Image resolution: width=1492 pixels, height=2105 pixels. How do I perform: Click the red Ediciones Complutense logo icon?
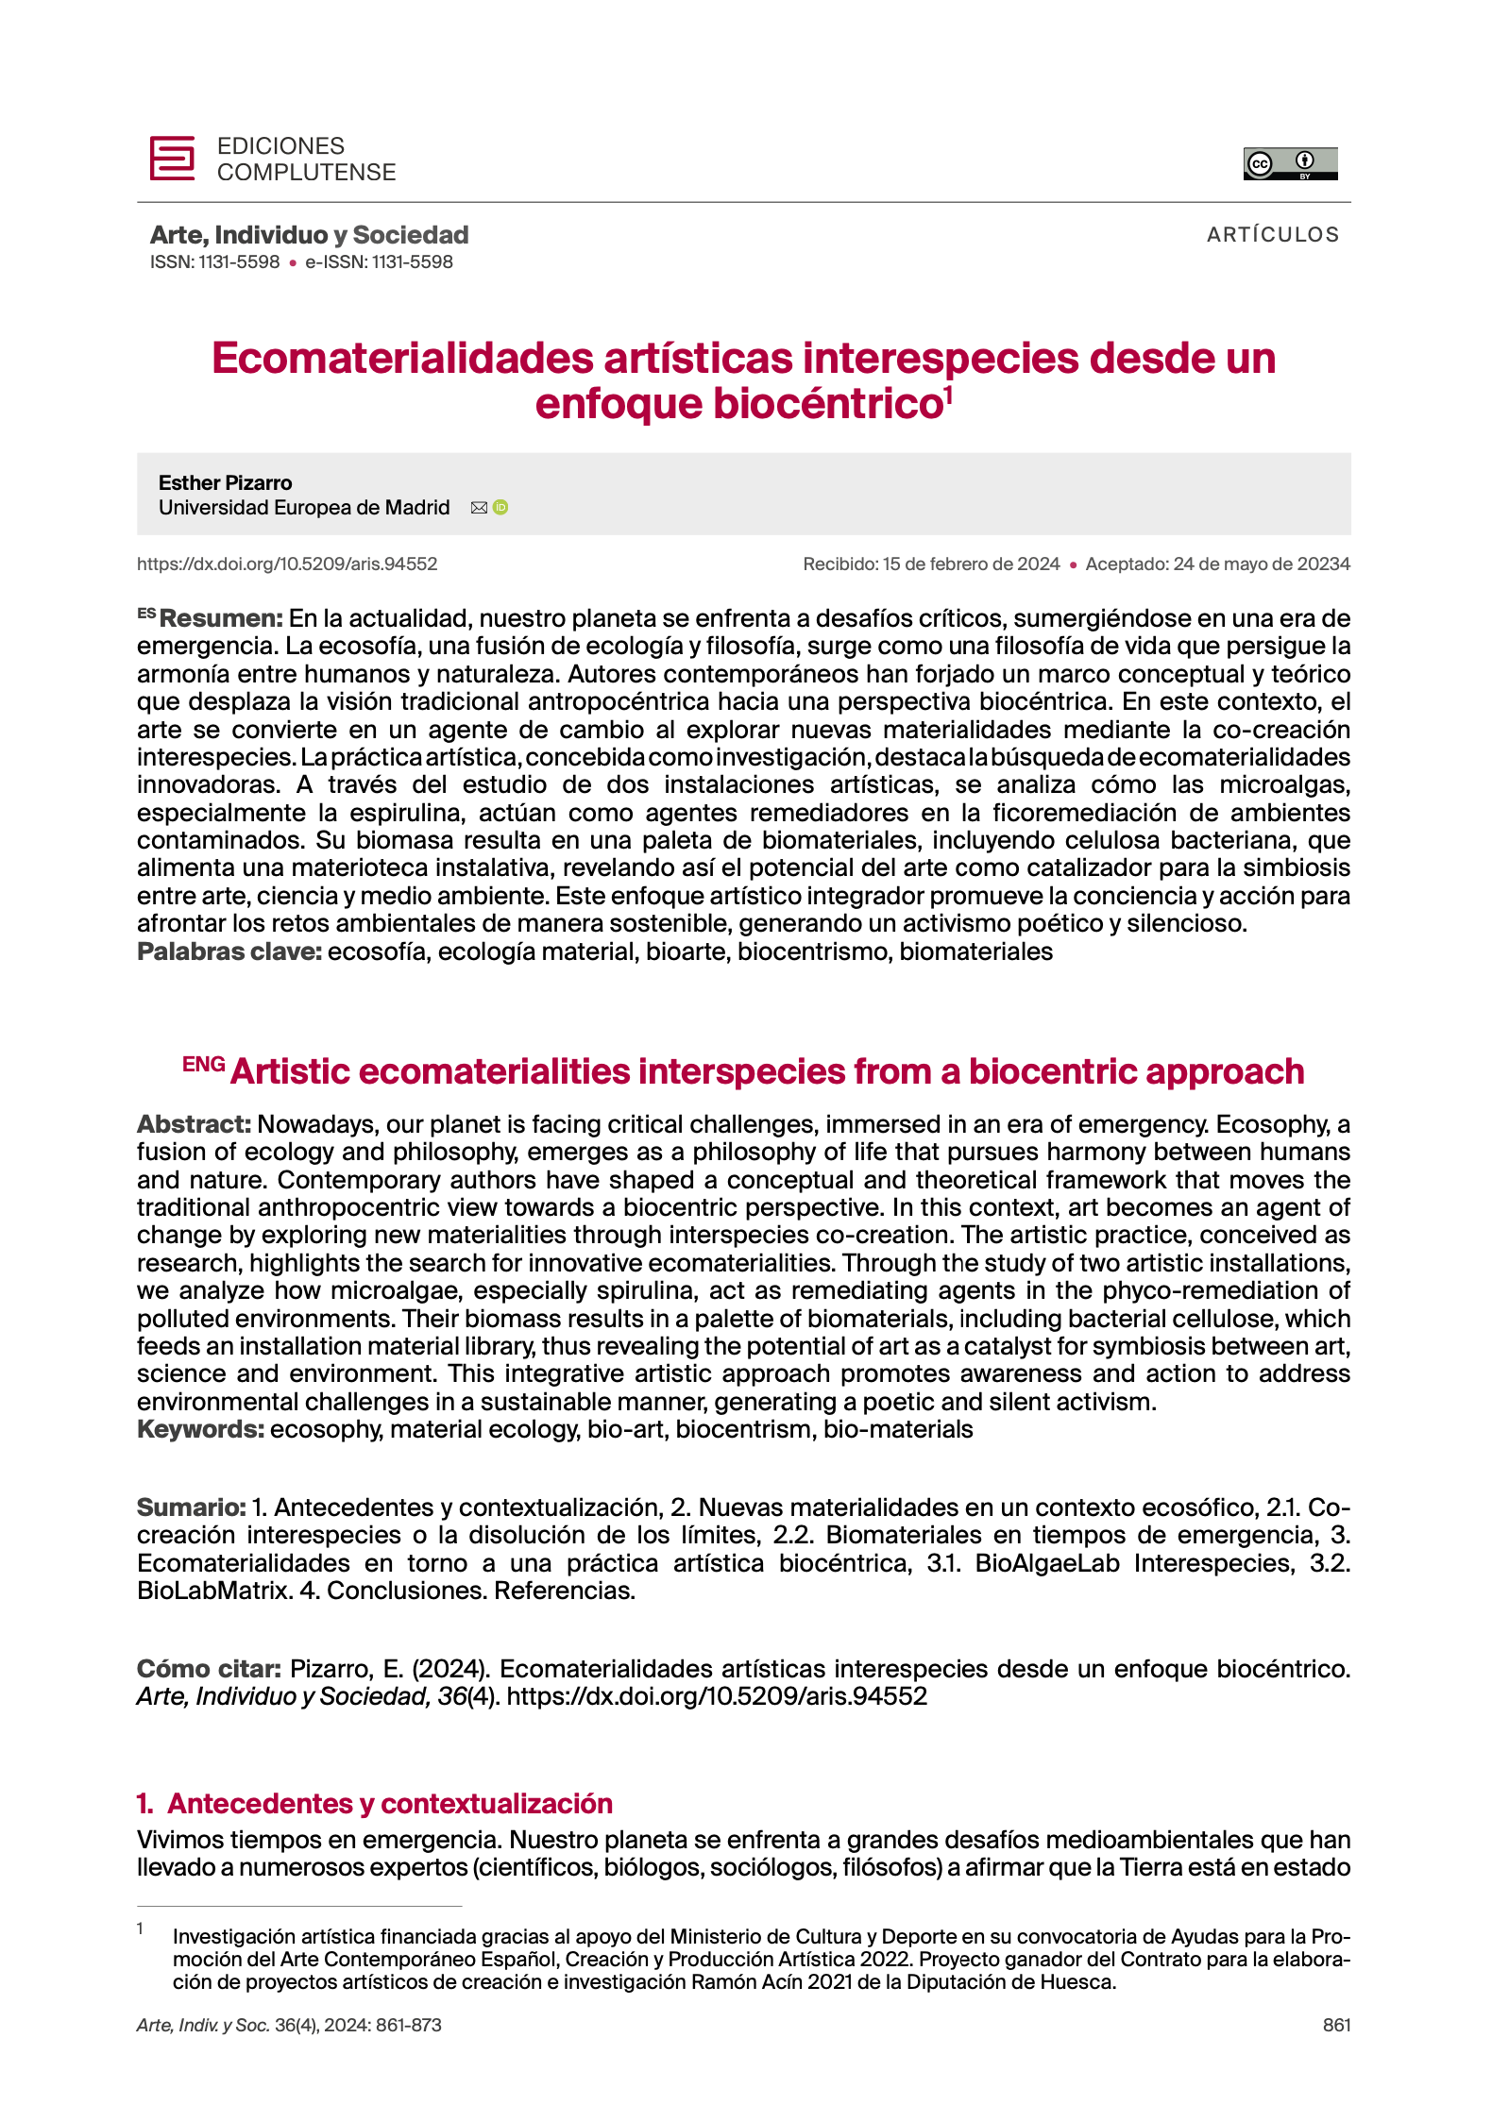click(x=172, y=158)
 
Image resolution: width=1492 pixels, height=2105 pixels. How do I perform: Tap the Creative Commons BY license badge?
click(x=1290, y=163)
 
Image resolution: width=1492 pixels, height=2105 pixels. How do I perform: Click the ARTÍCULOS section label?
click(x=1272, y=235)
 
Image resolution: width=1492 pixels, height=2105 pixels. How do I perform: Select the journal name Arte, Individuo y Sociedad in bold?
click(x=309, y=235)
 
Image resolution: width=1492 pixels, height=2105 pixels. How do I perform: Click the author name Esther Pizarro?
click(x=225, y=483)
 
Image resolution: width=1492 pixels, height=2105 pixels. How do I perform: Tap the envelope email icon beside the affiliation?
click(x=479, y=508)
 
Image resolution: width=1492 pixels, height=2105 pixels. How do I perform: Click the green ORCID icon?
click(x=500, y=508)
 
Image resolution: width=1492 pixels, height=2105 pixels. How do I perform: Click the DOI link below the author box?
click(x=287, y=564)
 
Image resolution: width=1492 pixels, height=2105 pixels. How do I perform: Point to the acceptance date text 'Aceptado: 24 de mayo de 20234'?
click(x=1217, y=564)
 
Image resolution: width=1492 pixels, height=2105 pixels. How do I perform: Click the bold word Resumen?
click(x=221, y=619)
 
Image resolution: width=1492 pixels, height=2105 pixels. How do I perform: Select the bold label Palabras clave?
click(x=229, y=951)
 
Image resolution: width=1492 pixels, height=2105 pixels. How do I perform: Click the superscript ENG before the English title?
click(x=203, y=1065)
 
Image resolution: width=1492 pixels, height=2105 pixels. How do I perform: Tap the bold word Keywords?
click(x=200, y=1429)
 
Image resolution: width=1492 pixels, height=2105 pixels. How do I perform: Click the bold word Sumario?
click(x=191, y=1507)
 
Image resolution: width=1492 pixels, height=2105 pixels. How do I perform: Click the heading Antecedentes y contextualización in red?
click(x=389, y=1804)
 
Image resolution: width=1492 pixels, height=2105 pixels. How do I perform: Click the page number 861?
click(x=1336, y=2025)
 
